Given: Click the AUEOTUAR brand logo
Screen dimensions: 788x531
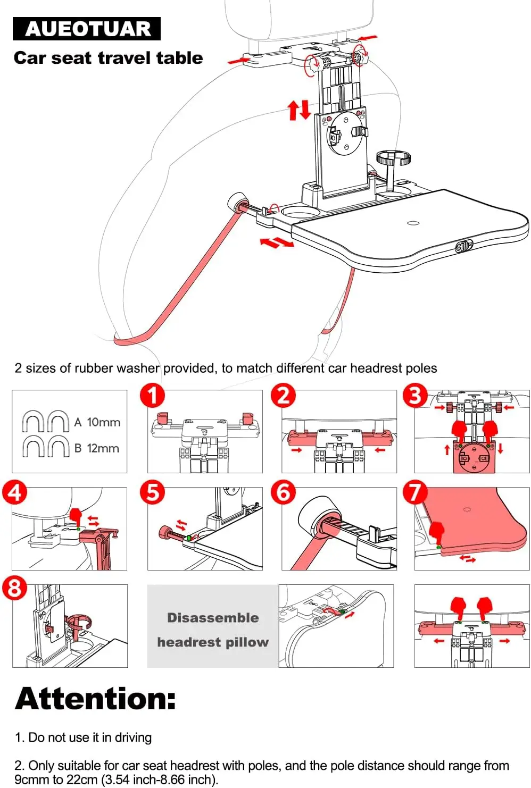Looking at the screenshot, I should coord(87,29).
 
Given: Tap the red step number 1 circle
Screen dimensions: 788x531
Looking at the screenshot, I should coord(152,396).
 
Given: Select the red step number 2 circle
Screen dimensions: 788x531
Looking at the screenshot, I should coord(284,396).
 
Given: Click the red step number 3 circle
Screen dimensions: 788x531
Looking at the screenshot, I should coord(416,396).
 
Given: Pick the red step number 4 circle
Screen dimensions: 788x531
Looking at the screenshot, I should coord(15,492).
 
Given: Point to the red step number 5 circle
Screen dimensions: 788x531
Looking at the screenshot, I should coord(152,492).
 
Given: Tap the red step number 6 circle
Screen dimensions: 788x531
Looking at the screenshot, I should coord(284,492).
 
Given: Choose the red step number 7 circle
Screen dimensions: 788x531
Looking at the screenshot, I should coord(416,492).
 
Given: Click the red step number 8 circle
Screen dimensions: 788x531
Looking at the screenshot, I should coord(15,589).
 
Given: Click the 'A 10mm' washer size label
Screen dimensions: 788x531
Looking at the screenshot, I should coord(97,422).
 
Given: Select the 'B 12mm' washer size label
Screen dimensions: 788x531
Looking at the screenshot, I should coord(96,448).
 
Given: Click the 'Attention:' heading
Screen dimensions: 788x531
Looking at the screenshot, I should coord(95,698).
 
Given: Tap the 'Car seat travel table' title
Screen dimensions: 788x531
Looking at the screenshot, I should coord(108,57).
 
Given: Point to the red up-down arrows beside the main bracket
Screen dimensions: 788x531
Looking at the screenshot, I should coord(299,110).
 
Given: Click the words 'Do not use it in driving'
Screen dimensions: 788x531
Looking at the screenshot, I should coord(90,737).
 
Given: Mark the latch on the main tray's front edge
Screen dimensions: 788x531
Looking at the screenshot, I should coord(464,246).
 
